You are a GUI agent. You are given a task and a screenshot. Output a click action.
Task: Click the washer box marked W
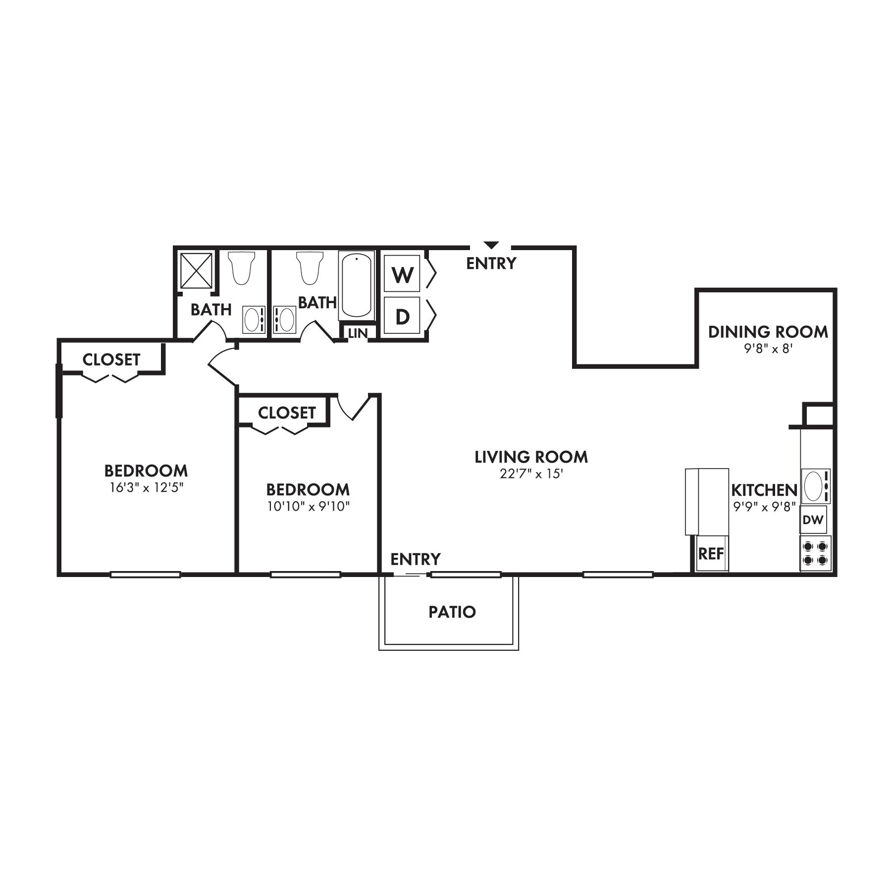[402, 273]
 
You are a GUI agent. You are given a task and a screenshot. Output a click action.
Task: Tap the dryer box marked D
[402, 316]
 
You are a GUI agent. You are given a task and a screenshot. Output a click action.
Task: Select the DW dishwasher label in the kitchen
[813, 520]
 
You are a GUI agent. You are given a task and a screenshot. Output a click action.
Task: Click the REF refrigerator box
[711, 553]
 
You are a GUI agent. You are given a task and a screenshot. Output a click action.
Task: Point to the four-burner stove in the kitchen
[815, 553]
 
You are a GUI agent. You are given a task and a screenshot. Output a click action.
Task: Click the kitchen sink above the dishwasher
[813, 486]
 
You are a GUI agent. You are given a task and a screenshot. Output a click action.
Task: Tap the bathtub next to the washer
[357, 285]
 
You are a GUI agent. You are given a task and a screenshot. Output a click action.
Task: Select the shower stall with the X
[196, 270]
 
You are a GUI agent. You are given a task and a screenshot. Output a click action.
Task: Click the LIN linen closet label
[358, 333]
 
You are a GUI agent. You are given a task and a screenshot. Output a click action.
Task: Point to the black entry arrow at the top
[491, 245]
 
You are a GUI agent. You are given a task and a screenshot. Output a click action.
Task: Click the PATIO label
[452, 612]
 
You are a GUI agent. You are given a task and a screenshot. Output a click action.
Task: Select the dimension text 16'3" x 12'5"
[147, 488]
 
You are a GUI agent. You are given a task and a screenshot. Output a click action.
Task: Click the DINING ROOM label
[768, 332]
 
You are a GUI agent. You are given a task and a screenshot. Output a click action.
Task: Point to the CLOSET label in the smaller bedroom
[287, 413]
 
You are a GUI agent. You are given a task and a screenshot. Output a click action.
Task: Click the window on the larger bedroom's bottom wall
[145, 575]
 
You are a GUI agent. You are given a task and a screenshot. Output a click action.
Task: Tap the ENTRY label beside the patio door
[415, 559]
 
